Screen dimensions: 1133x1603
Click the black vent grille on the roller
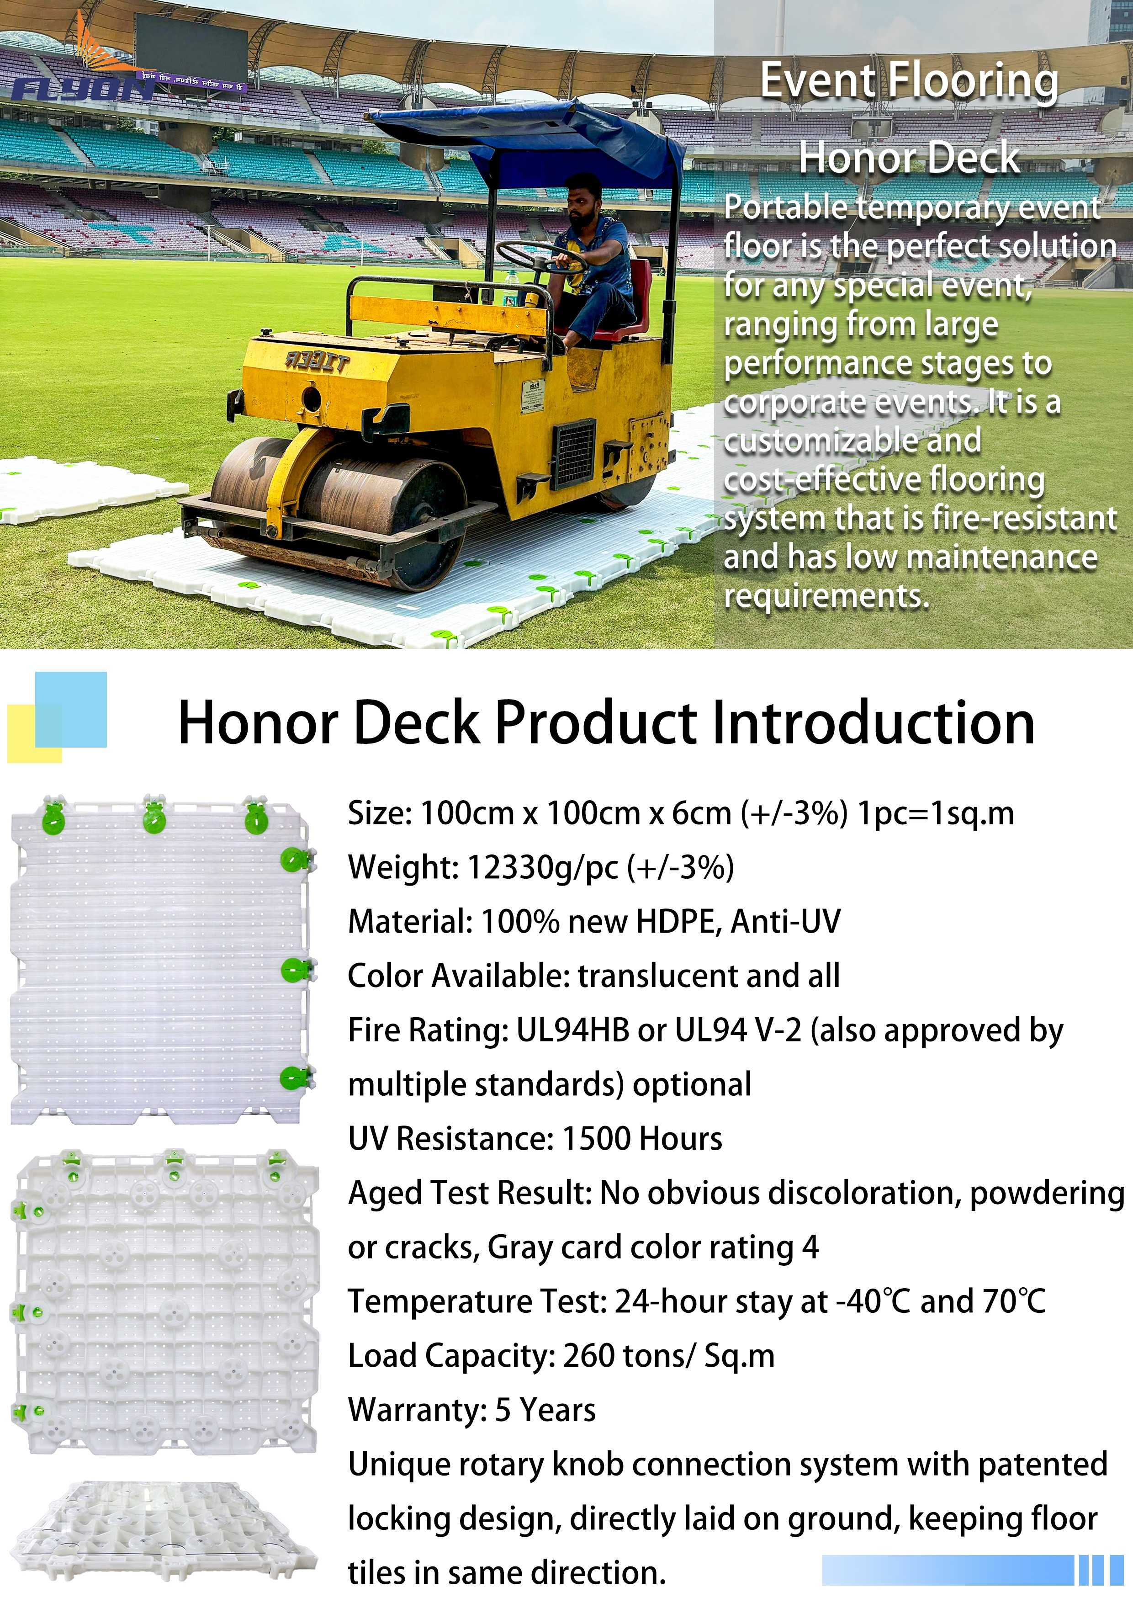(x=575, y=454)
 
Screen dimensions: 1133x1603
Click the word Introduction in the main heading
(x=873, y=723)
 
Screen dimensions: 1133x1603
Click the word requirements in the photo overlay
(x=826, y=596)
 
